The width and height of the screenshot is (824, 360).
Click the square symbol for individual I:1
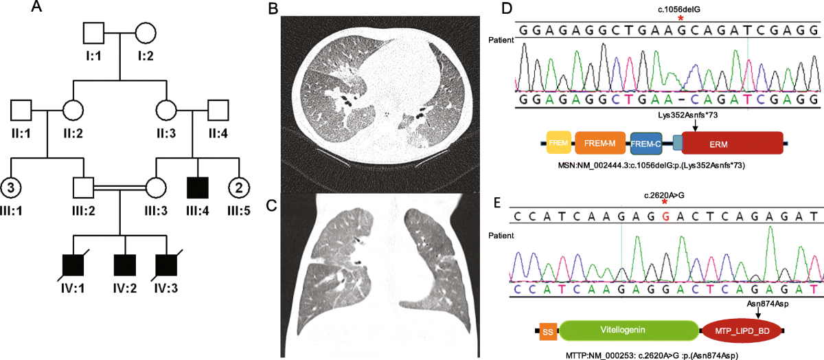point(93,33)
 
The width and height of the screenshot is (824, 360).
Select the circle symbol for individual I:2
point(146,33)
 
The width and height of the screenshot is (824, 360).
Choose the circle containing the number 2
point(238,186)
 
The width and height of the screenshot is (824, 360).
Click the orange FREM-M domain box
point(599,143)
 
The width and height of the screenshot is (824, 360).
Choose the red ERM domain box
point(732,143)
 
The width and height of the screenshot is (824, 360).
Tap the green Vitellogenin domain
point(628,331)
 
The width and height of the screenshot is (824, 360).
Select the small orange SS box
point(548,331)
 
